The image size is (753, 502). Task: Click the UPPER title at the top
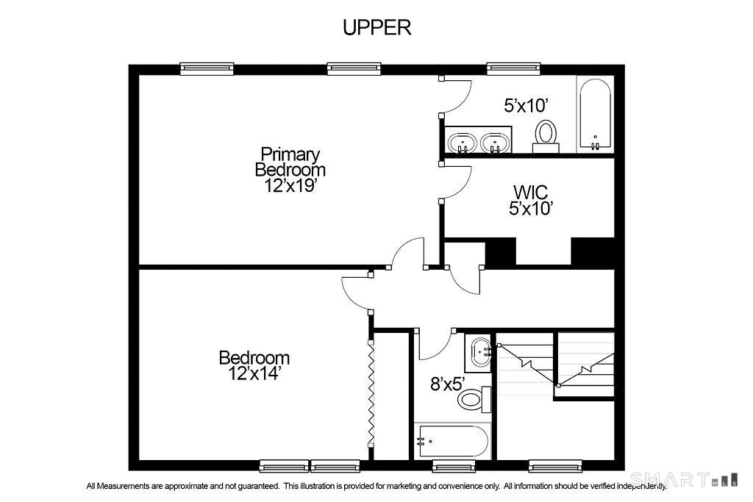[x=377, y=27]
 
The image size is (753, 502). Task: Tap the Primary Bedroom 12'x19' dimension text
[x=290, y=185]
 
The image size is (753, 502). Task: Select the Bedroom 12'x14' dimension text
[x=254, y=373]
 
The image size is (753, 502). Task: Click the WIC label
[x=531, y=192]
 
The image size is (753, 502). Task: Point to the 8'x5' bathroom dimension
[x=449, y=384]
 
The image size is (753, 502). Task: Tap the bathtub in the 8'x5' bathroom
[x=452, y=440]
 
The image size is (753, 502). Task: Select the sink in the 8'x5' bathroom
[x=478, y=353]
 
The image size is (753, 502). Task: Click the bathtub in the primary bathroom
[x=596, y=114]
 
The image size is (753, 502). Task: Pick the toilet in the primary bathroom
[x=546, y=136]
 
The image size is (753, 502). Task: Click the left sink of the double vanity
[x=463, y=143]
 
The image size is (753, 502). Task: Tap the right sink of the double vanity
[x=495, y=143]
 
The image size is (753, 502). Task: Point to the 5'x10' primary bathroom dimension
[x=526, y=105]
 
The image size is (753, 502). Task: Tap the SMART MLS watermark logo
[x=684, y=479]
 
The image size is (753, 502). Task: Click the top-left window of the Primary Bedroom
[x=207, y=69]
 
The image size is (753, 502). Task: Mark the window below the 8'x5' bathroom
[x=454, y=466]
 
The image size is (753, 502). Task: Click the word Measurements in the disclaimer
[x=124, y=486]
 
